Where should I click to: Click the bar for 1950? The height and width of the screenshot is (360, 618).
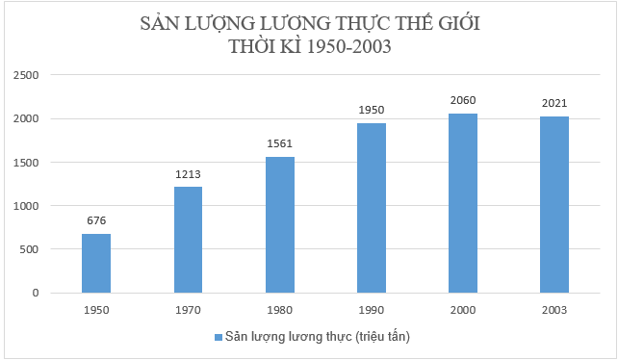click(96, 263)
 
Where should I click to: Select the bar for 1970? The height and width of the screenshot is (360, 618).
click(188, 240)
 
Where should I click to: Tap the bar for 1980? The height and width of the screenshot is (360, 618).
click(279, 224)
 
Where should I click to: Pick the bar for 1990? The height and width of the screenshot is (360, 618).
click(372, 207)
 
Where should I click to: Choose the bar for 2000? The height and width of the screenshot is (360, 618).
click(462, 202)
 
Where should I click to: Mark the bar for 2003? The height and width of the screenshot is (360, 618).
click(554, 204)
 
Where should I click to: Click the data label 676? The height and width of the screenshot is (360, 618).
click(96, 220)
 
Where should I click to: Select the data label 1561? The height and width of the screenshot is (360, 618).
click(279, 143)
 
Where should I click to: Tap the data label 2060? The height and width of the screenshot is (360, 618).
click(462, 100)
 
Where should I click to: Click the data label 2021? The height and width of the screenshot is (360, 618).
click(554, 103)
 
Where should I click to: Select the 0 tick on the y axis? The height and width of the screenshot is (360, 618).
click(35, 293)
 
